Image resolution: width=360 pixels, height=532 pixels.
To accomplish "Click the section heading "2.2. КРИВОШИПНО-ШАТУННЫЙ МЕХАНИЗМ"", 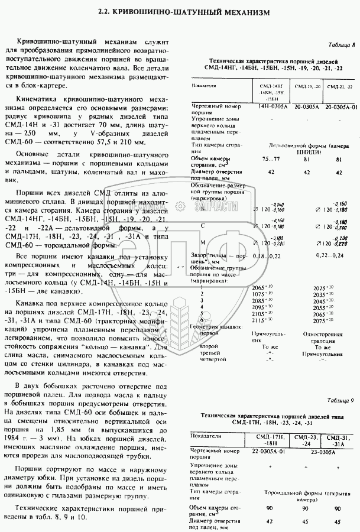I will pos(179,11).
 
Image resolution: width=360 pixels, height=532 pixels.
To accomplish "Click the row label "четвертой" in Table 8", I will pos(213,359).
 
